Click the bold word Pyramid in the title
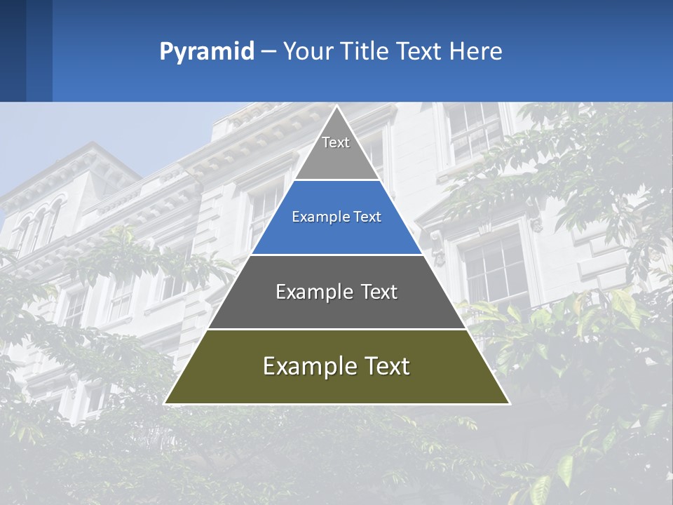[206, 52]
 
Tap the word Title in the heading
[367, 52]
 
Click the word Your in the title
[307, 52]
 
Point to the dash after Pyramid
[268, 52]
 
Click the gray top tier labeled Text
[336, 151]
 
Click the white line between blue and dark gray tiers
[336, 255]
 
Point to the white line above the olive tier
[336, 329]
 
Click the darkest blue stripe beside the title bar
[13, 50]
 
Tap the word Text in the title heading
[419, 52]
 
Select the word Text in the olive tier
[386, 366]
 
